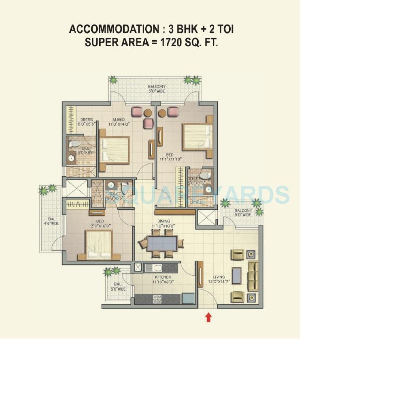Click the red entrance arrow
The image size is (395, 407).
click(x=208, y=317)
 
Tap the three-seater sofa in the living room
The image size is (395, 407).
click(x=253, y=276)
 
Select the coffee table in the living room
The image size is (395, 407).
click(x=236, y=276)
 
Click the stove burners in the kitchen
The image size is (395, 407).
click(x=157, y=299)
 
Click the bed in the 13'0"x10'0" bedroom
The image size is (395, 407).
click(x=99, y=244)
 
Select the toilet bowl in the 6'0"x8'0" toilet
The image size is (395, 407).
click(x=75, y=143)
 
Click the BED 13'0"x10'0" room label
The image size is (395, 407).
click(x=100, y=223)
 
